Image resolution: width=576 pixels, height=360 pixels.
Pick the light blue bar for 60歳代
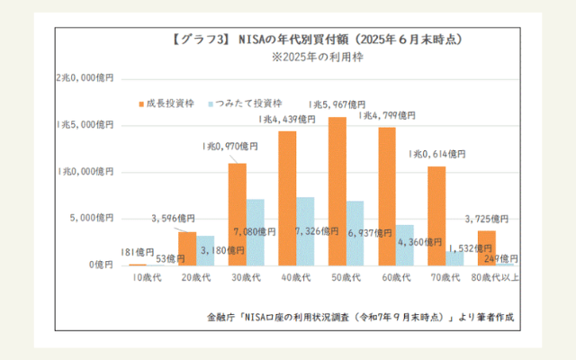(x=405, y=245)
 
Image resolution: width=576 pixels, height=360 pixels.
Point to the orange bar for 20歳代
(x=187, y=248)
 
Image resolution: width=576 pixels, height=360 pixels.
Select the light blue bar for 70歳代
(x=454, y=257)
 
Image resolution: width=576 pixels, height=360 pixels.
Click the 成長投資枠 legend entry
(x=166, y=103)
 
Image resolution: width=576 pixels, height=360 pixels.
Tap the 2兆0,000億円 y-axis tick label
(x=84, y=78)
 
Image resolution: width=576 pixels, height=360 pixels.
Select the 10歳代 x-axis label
(x=145, y=277)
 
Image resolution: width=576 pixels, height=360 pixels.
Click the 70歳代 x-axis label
(x=446, y=277)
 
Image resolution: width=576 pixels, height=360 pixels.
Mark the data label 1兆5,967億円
(x=337, y=104)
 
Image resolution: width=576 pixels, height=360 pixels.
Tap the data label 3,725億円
(x=489, y=219)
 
